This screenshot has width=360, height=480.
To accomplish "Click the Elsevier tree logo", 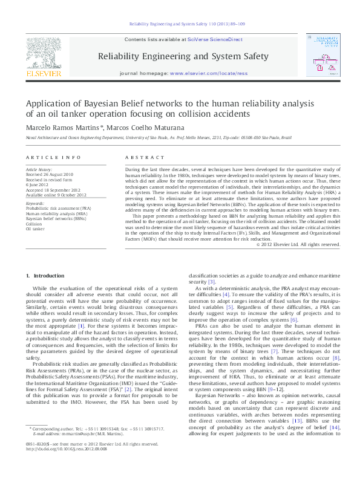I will pos(44,52).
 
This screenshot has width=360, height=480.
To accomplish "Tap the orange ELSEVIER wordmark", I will pos(44,74).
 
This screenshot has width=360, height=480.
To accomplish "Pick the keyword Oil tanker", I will pos(35,229).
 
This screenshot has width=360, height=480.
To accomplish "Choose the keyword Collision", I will pos(34,224).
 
